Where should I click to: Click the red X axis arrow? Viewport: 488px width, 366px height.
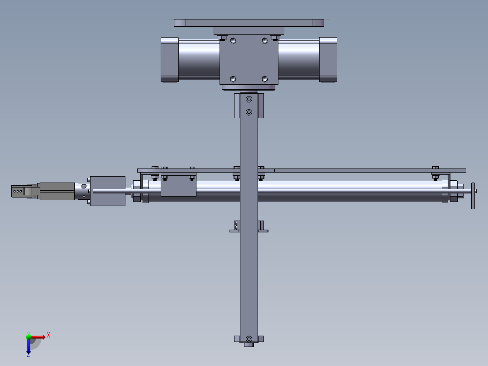(x=39, y=337)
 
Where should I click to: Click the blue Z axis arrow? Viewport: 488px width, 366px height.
(x=29, y=347)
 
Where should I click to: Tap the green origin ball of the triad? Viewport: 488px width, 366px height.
(x=29, y=337)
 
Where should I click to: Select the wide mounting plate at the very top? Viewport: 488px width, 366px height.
(x=249, y=23)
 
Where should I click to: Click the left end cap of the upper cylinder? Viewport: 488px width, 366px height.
(x=170, y=60)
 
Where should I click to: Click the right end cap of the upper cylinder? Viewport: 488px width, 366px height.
(x=328, y=60)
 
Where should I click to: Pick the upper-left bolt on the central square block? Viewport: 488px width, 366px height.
(x=233, y=41)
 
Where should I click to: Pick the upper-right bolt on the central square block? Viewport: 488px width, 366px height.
(x=265, y=41)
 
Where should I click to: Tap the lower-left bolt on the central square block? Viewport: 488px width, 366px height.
(x=233, y=79)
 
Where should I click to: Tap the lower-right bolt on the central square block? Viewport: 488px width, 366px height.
(x=265, y=79)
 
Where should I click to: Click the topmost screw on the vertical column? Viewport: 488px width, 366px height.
(x=249, y=99)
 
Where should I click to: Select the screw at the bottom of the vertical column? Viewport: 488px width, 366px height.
(x=249, y=338)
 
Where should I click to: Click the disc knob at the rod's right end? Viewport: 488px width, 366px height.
(x=473, y=196)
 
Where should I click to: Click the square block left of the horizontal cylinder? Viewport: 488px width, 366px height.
(x=108, y=191)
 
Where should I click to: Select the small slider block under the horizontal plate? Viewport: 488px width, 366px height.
(x=178, y=186)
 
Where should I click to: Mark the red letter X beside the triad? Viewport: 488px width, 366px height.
(x=48, y=335)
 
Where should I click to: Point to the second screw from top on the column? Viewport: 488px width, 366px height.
(x=249, y=112)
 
